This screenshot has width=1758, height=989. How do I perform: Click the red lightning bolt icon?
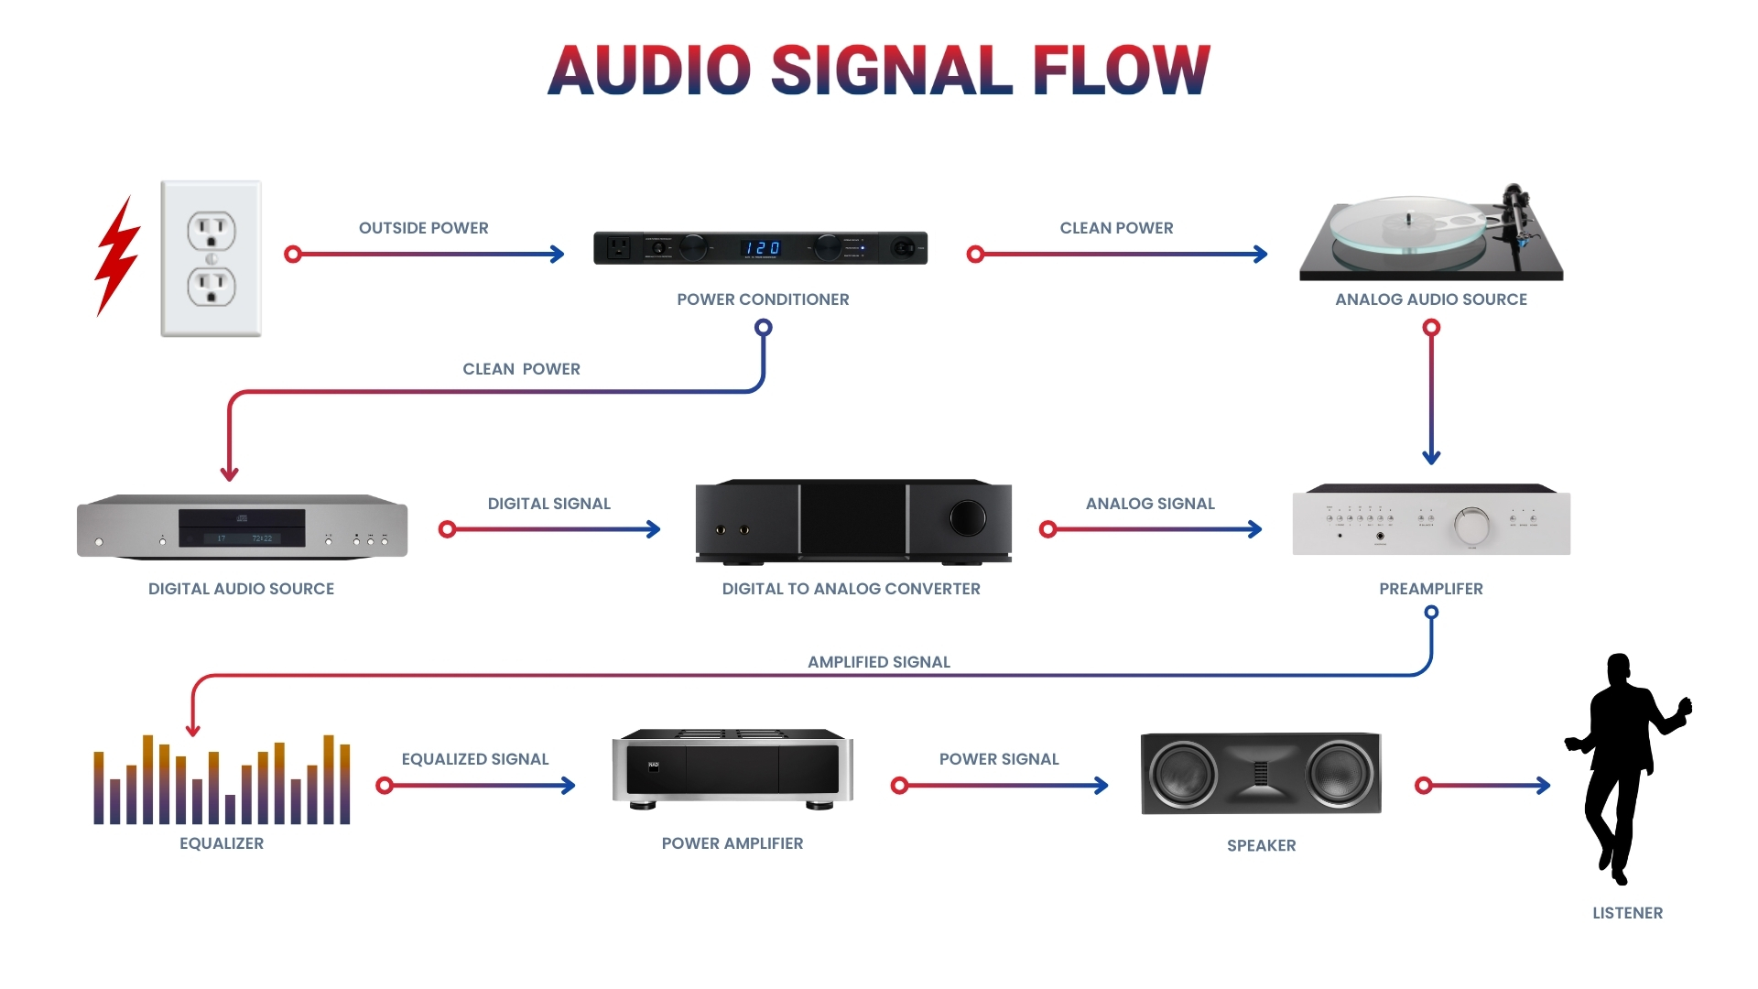coord(116,256)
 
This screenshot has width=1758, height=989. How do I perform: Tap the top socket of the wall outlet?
coord(212,229)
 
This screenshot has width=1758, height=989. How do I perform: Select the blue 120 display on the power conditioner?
coord(762,248)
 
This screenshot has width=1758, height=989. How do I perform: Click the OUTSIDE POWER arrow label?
coord(423,228)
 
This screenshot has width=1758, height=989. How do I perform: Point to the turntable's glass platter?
coord(1405,223)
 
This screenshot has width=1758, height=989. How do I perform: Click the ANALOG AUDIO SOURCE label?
coord(1430,299)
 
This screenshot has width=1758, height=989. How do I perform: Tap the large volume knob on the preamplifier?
coord(1471,526)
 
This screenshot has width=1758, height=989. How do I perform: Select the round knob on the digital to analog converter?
coord(967,518)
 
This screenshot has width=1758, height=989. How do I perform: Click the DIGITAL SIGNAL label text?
coord(548,504)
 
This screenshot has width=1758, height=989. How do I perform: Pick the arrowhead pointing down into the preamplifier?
coord(1431,456)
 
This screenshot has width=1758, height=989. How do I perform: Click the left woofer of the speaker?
coord(1183,774)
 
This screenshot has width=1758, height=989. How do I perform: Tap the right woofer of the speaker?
coord(1339,774)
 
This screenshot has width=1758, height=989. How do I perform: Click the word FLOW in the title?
coord(1121,71)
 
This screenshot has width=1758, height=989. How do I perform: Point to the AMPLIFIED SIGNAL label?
coord(878,662)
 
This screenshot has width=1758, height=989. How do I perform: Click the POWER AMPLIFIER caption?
coord(732,843)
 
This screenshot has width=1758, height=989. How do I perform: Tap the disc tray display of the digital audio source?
coord(242,528)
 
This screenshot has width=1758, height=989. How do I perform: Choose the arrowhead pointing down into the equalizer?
coord(193,729)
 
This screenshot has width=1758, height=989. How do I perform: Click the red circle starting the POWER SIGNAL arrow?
coord(899,786)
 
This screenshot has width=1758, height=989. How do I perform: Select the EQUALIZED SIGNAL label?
coord(474,759)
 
